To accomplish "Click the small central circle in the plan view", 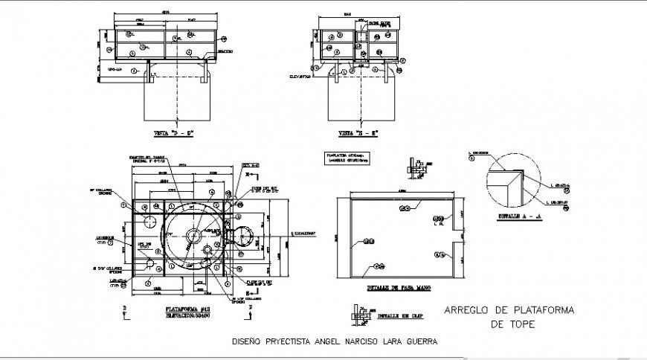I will pos(192,237).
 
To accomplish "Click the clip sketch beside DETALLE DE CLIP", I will pos(359,317).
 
